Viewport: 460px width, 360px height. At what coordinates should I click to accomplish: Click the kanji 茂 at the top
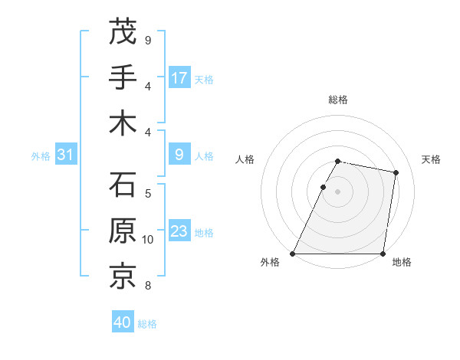[123, 31]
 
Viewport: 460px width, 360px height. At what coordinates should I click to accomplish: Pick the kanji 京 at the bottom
[123, 277]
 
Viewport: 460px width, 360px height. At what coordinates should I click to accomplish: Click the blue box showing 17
[179, 78]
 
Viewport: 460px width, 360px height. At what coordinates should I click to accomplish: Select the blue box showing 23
[179, 232]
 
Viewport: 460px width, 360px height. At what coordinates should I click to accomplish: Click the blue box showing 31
[65, 155]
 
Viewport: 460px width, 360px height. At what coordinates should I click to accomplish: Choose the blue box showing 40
[123, 323]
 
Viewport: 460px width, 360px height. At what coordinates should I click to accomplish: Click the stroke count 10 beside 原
[148, 240]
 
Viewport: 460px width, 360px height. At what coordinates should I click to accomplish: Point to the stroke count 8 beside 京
[148, 286]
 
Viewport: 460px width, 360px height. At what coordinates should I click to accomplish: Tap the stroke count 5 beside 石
[148, 194]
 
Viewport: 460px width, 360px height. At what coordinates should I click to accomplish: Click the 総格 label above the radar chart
[338, 100]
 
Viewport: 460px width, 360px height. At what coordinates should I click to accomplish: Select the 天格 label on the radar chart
[432, 159]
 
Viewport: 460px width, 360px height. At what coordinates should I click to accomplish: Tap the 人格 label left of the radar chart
[245, 159]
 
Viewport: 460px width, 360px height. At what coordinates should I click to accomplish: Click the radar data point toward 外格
[293, 254]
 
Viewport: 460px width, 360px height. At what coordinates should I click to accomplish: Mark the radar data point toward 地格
[383, 254]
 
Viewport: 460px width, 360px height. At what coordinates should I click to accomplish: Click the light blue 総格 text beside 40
[147, 324]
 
